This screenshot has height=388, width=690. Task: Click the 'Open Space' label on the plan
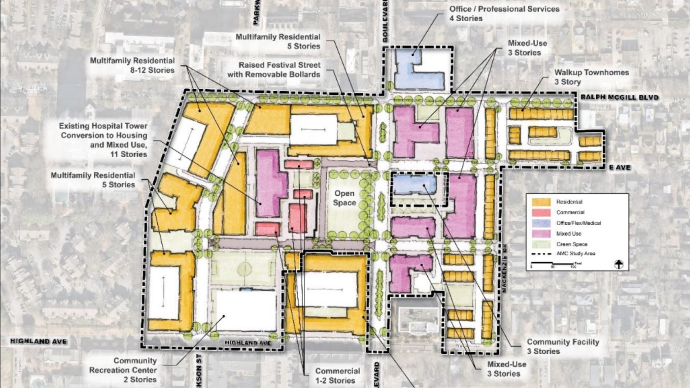coord(344,198)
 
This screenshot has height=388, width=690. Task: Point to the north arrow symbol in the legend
coord(618,265)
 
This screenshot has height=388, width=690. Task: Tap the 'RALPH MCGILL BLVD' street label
coord(620,97)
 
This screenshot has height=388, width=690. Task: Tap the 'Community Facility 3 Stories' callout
coord(563,346)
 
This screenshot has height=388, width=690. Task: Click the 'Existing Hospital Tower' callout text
coord(103,140)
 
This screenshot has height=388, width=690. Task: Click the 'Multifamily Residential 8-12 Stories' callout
coord(132,65)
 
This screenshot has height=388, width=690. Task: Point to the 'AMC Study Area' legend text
coord(576,254)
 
